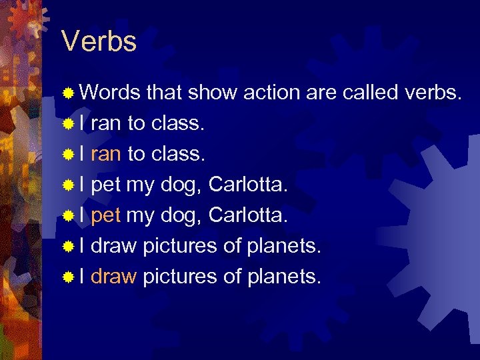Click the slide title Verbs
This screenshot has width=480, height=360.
[99, 41]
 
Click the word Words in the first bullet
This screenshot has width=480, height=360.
[109, 93]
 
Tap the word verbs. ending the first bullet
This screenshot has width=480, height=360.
[432, 93]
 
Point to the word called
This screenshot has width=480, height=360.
[371, 93]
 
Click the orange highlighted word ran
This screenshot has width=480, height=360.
[105, 154]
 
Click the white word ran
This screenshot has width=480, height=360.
[105, 123]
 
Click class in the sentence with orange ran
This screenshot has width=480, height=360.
[178, 154]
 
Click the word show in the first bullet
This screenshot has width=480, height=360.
[211, 93]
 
